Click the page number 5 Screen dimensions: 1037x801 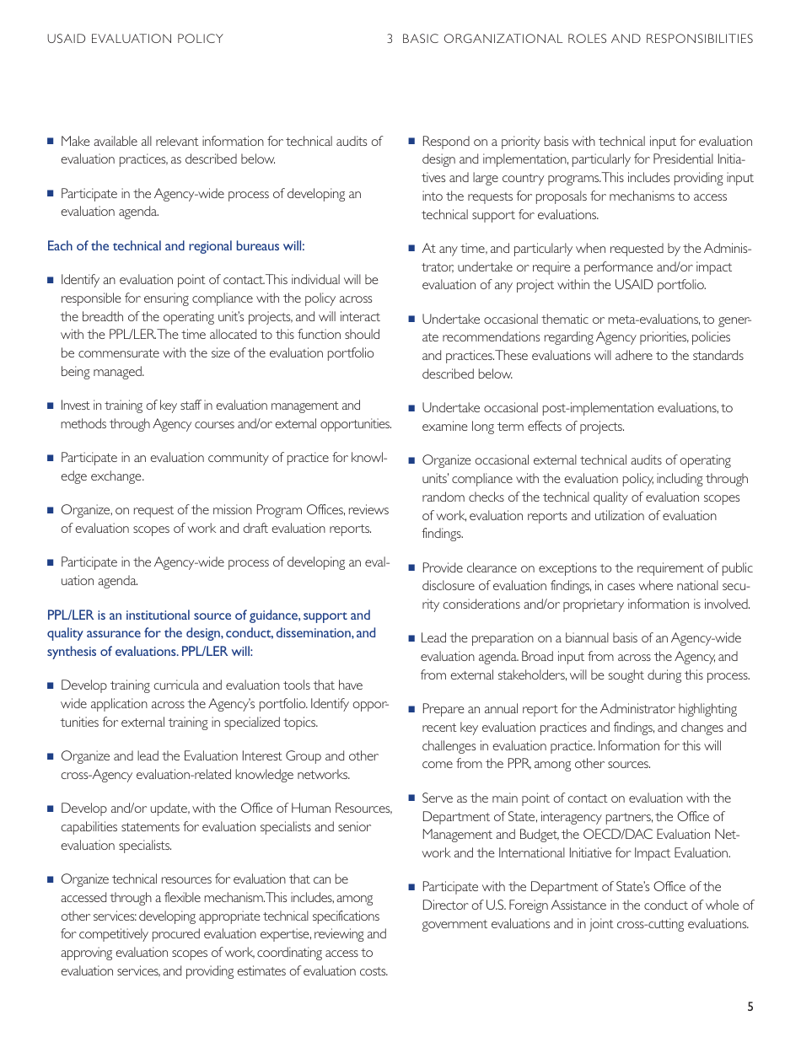pyautogui.click(x=750, y=1006)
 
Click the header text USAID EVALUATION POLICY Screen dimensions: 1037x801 pyautogui.click(x=135, y=39)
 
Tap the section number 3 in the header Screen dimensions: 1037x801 pyautogui.click(x=390, y=39)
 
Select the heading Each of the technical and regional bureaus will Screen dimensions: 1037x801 pyautogui.click(x=175, y=246)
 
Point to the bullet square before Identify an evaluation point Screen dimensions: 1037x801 pyautogui.click(x=51, y=280)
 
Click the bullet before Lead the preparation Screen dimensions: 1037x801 pyautogui.click(x=411, y=638)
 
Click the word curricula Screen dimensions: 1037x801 pyautogui.click(x=172, y=685)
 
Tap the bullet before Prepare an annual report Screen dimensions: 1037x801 pyautogui.click(x=411, y=709)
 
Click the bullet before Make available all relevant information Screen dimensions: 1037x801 pyautogui.click(x=51, y=141)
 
